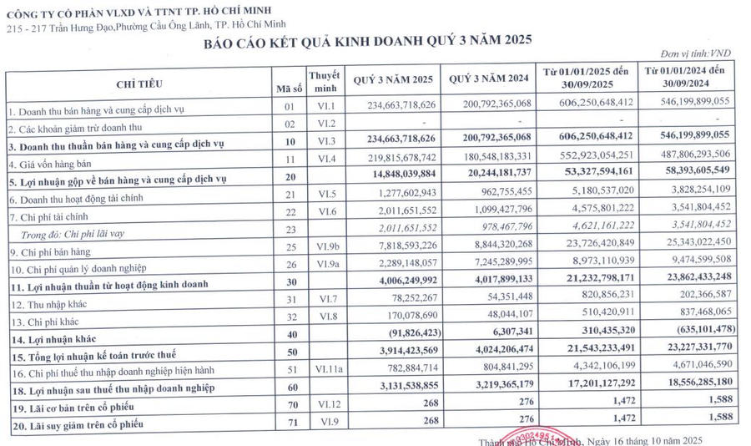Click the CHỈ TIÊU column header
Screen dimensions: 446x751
click(139, 84)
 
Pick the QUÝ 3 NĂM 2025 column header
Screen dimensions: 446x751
click(393, 80)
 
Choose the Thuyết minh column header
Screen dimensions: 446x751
click(324, 80)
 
